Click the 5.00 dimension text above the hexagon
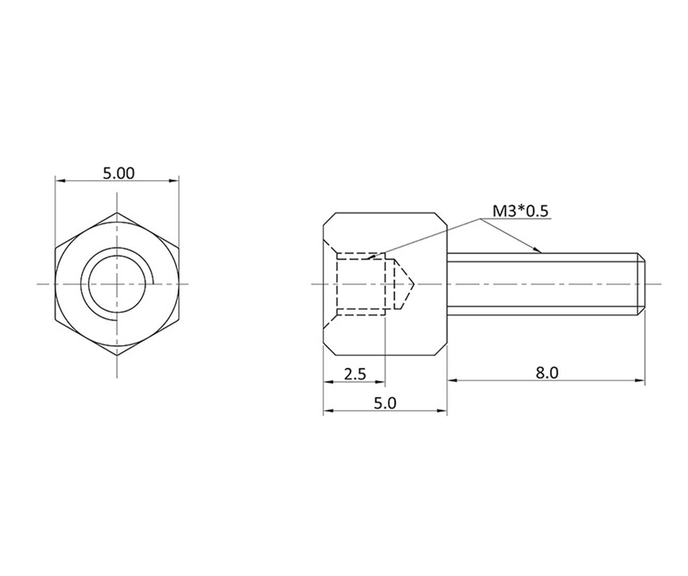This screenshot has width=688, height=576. (x=118, y=173)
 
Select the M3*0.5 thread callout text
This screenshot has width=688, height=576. (x=520, y=211)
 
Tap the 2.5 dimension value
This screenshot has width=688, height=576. (x=355, y=374)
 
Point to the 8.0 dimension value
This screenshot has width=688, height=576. (x=546, y=373)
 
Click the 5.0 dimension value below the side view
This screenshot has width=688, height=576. (x=385, y=403)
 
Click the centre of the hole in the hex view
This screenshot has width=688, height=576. (x=118, y=284)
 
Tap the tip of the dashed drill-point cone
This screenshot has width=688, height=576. (x=414, y=284)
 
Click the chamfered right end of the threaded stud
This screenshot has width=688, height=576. (x=642, y=284)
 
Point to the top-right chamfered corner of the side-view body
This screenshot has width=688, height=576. (x=441, y=218)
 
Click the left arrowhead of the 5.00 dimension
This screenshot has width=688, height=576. (x=60, y=181)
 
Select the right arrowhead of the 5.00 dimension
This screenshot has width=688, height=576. (x=175, y=181)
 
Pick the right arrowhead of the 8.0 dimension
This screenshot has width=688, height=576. (x=640, y=380)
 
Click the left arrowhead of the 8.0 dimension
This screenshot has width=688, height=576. (x=452, y=380)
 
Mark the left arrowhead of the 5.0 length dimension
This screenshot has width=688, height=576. (x=328, y=410)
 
